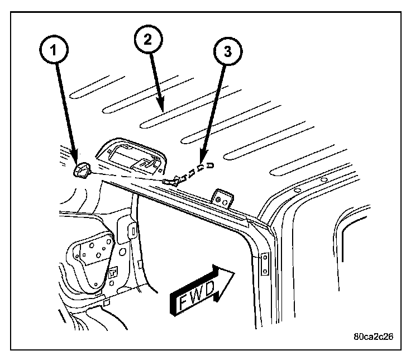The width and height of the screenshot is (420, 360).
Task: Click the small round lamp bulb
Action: (x=83, y=169)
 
